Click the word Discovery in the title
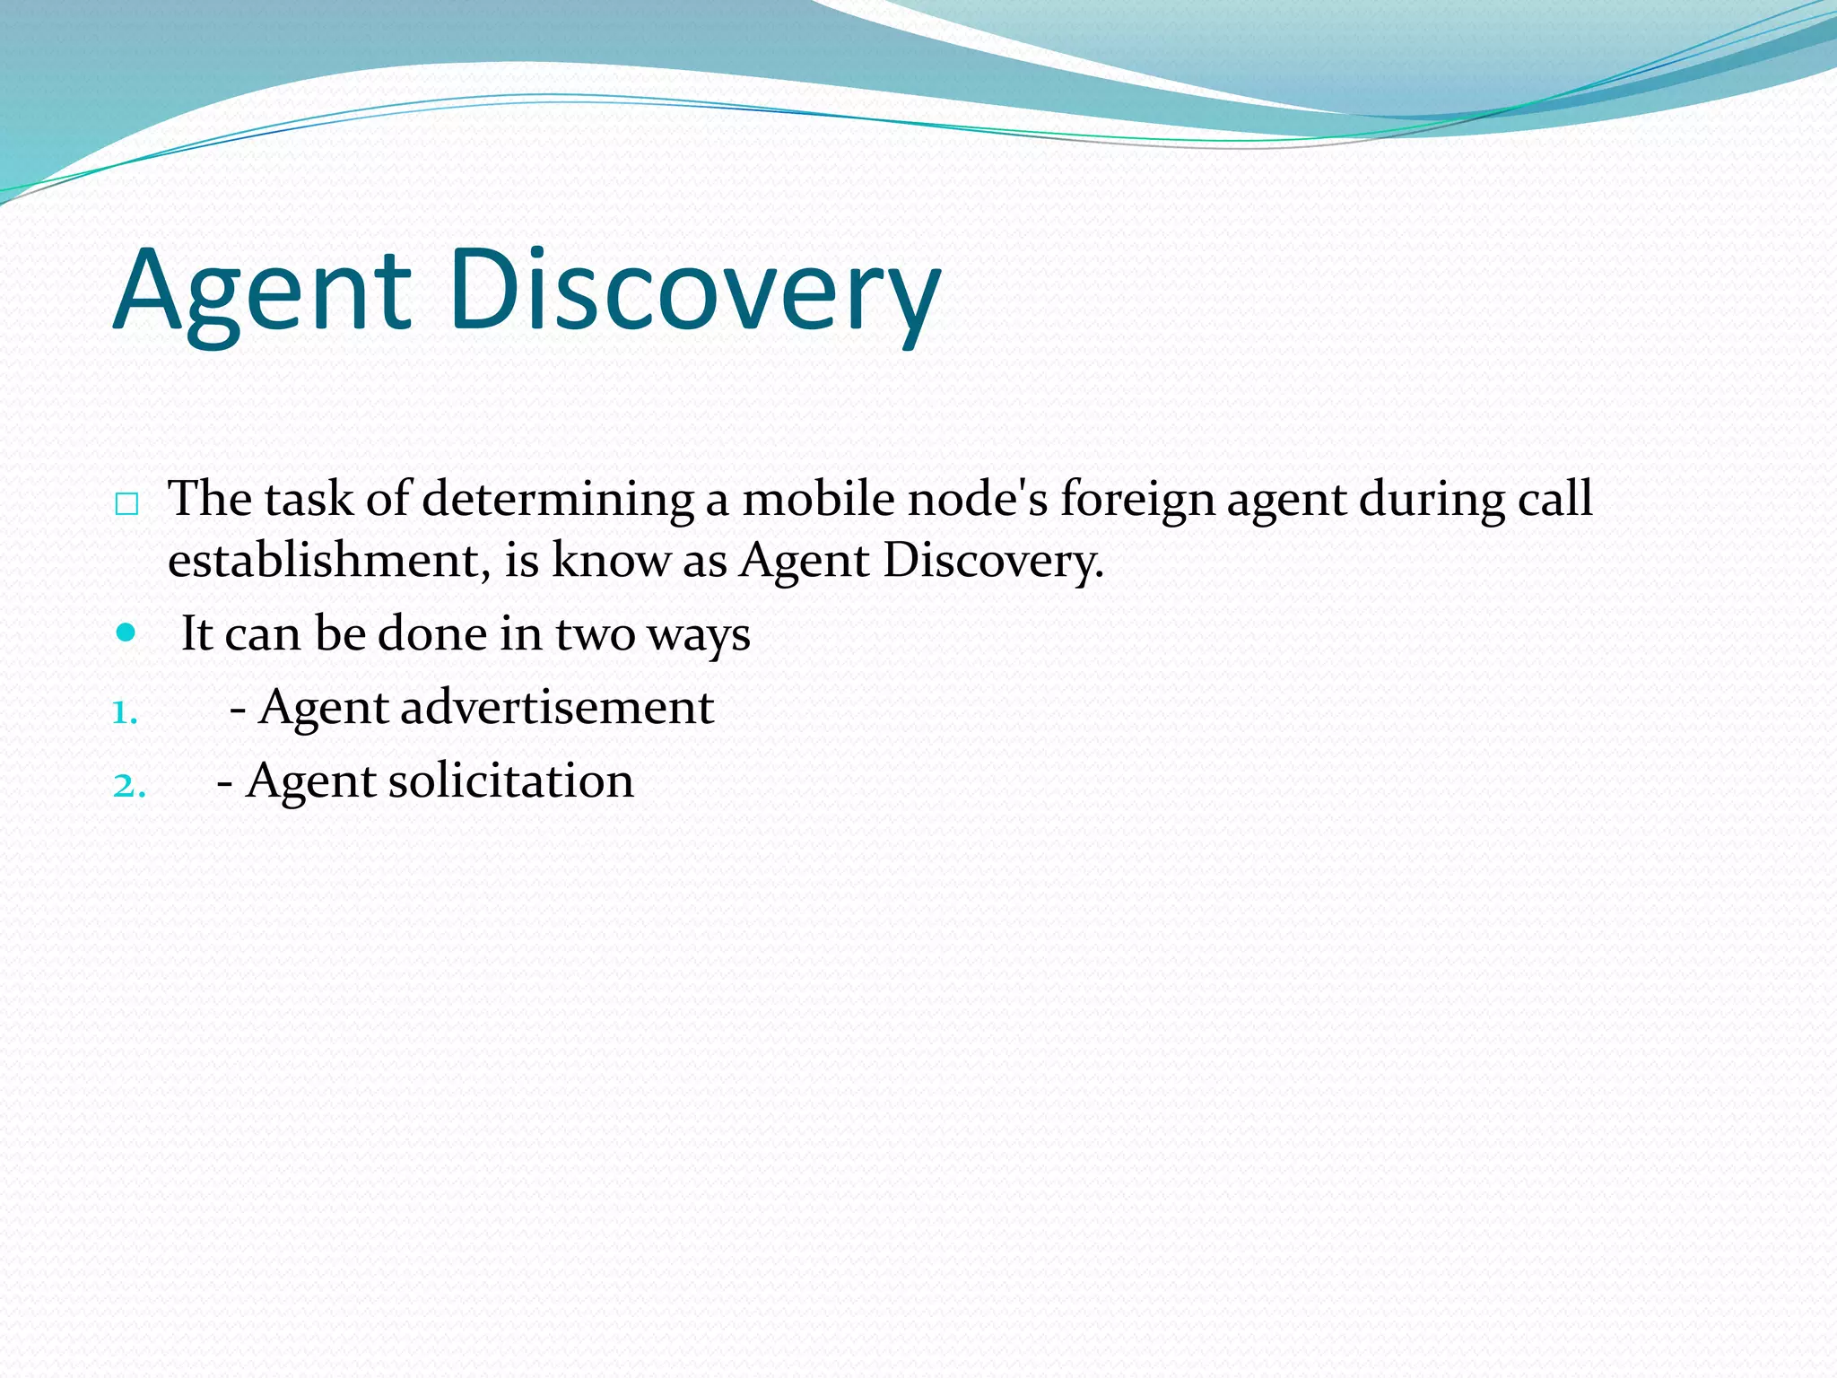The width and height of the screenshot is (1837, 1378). pyautogui.click(x=695, y=292)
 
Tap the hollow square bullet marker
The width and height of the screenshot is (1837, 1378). pyautogui.click(x=126, y=504)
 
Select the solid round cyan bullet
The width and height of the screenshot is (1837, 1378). pyautogui.click(x=126, y=632)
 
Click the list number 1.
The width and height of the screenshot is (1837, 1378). pyautogui.click(x=125, y=712)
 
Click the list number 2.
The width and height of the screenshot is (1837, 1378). pyautogui.click(x=129, y=786)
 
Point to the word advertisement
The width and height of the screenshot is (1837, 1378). pyautogui.click(x=556, y=707)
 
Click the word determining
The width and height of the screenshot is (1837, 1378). pyautogui.click(x=557, y=499)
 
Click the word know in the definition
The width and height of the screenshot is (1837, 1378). pyautogui.click(x=610, y=561)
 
